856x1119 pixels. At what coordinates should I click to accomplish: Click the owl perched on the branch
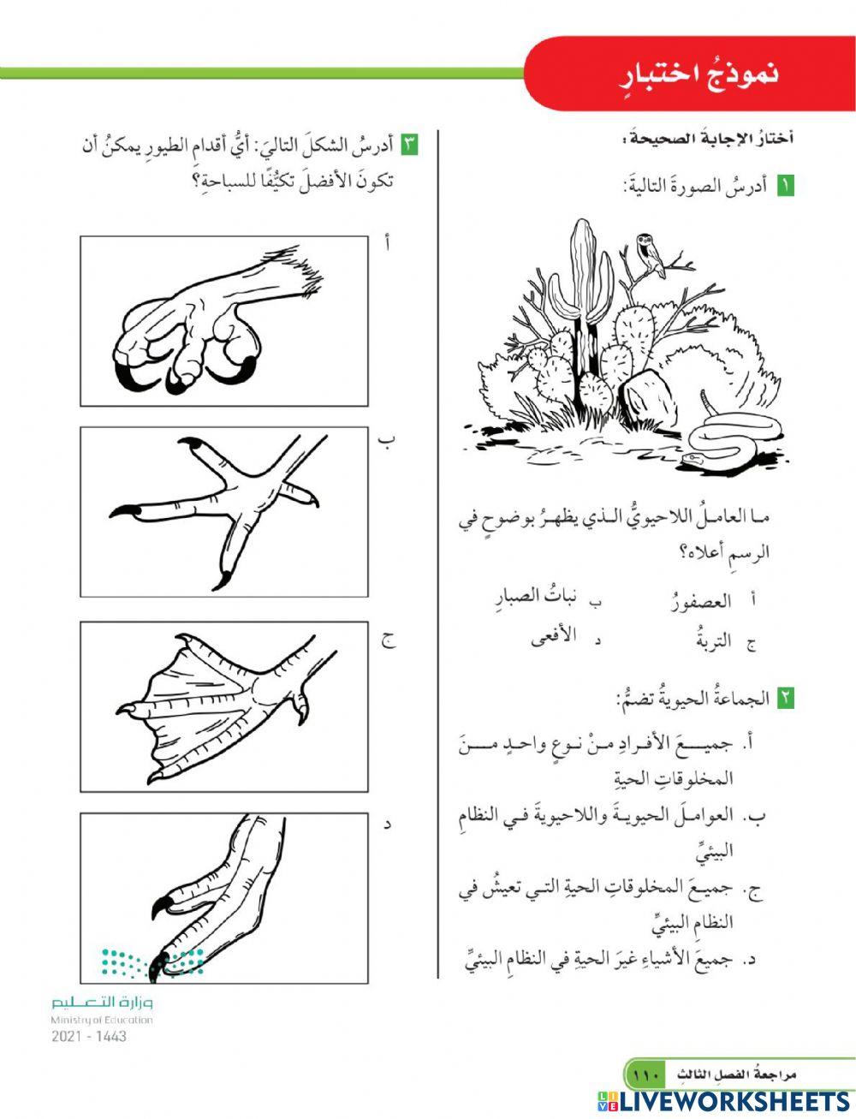click(x=652, y=255)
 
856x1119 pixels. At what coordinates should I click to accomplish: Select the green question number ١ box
click(x=785, y=185)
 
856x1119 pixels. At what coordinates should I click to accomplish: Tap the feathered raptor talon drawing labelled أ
click(x=224, y=321)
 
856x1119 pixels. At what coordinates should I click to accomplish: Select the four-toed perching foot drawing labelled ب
click(x=224, y=512)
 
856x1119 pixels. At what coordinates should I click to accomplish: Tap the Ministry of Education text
click(x=102, y=1020)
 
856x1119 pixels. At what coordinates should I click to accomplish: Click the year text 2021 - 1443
click(x=89, y=1036)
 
